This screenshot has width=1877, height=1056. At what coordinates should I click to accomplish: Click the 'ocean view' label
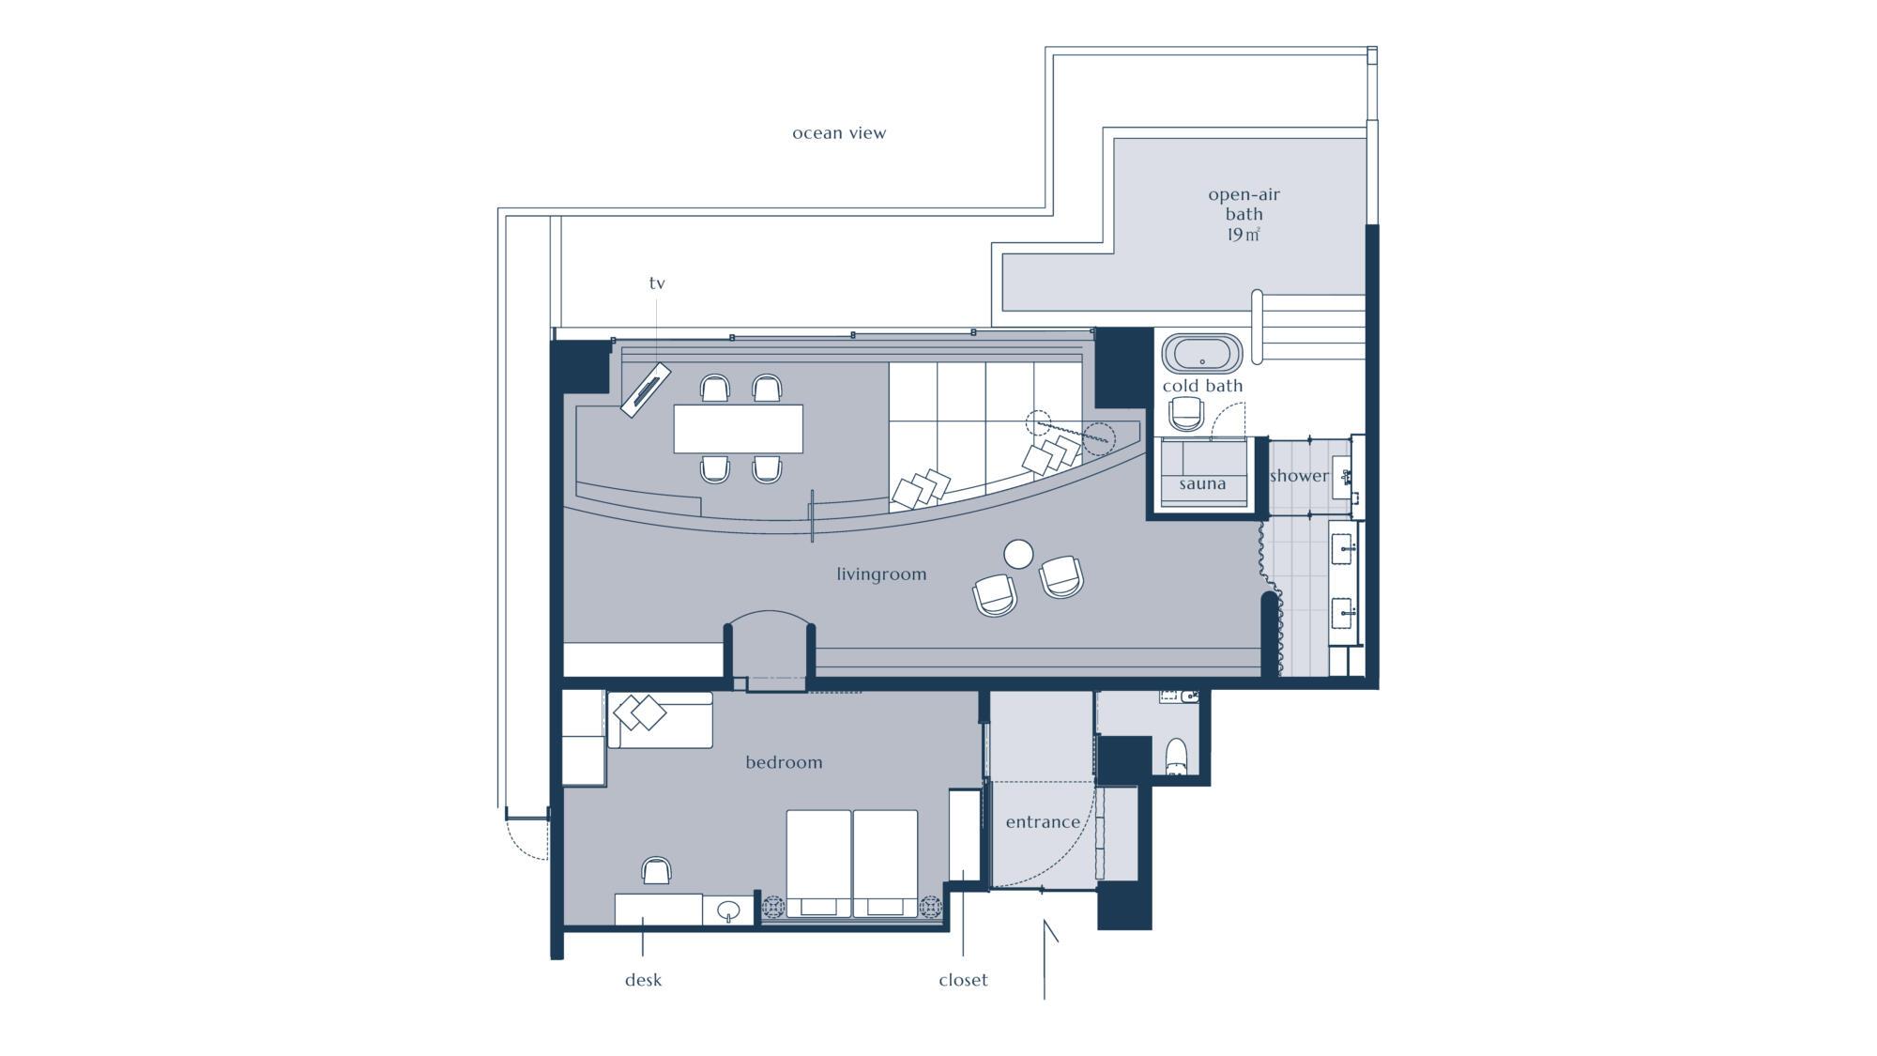pyautogui.click(x=839, y=133)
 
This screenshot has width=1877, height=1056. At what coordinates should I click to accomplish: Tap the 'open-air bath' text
pyautogui.click(x=1244, y=204)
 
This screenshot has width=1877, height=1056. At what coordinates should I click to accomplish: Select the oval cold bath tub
pyautogui.click(x=1202, y=354)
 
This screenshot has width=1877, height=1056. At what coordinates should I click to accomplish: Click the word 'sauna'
pyautogui.click(x=1202, y=484)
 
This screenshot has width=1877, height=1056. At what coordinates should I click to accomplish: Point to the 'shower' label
pyautogui.click(x=1299, y=476)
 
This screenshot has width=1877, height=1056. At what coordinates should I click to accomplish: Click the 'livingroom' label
pyautogui.click(x=881, y=574)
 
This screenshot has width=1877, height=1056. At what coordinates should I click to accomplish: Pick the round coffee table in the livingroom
pyautogui.click(x=1018, y=554)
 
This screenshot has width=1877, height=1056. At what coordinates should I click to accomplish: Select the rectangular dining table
pyautogui.click(x=739, y=429)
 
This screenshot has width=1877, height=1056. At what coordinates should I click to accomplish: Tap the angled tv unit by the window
pyautogui.click(x=646, y=390)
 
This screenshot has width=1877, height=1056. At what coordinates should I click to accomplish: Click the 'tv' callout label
pyautogui.click(x=657, y=283)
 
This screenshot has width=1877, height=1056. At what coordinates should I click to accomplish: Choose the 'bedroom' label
pyautogui.click(x=784, y=763)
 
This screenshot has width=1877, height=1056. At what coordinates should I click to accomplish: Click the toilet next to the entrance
pyautogui.click(x=1176, y=757)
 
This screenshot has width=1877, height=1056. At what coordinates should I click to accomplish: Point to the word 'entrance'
pyautogui.click(x=1043, y=822)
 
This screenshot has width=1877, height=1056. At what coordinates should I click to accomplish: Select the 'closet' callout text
pyautogui.click(x=963, y=980)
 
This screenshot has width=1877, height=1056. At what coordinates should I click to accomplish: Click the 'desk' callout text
pyautogui.click(x=643, y=980)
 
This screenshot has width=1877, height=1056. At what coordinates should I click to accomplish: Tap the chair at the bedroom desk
pyautogui.click(x=657, y=871)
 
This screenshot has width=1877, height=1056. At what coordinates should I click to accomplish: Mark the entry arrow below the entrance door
pyautogui.click(x=1045, y=959)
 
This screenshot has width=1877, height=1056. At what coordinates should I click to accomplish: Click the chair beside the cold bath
pyautogui.click(x=1186, y=413)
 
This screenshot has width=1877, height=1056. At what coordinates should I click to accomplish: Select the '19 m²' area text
pyautogui.click(x=1244, y=235)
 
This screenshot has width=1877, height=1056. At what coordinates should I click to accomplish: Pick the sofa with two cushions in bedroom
pyautogui.click(x=660, y=720)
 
